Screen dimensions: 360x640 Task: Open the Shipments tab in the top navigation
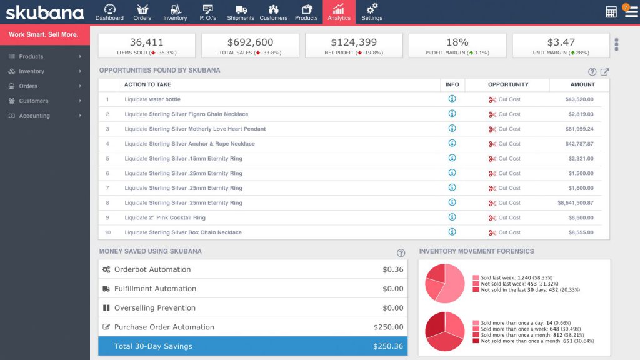point(241,12)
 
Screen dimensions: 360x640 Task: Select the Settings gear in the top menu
point(372,12)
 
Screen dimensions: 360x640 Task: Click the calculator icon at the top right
point(611,12)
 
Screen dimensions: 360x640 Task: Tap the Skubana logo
point(45,12)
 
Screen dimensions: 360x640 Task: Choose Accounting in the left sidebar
point(34,116)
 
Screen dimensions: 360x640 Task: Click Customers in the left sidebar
point(33,101)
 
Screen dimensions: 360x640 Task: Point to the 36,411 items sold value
point(146,42)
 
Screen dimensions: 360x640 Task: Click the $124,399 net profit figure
point(354,42)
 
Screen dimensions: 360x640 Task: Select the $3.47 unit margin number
point(561,42)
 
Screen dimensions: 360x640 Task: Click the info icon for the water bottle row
point(452,99)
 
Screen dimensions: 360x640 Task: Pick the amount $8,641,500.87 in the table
point(575,203)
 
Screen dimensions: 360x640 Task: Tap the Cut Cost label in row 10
point(509,232)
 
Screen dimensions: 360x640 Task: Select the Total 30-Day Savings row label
point(153,346)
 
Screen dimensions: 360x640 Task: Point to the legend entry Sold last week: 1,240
point(516,277)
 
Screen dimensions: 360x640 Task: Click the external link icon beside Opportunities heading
point(604,72)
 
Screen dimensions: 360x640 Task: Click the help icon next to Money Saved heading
point(401,252)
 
